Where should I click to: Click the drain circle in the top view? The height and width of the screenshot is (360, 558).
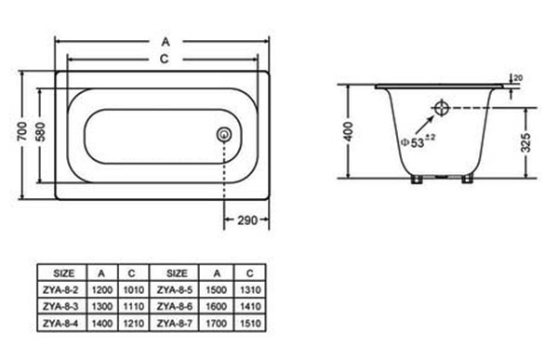224,135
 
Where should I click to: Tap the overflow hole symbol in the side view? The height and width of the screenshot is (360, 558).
442,108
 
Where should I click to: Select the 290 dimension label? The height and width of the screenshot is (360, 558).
247,220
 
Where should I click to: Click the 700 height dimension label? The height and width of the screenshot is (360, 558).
22,131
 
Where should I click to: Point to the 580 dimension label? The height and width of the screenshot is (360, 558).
41,132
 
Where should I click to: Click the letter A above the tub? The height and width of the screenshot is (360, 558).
166,42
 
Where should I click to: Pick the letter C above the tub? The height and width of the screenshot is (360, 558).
164,59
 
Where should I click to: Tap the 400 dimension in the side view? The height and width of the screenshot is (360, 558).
349,131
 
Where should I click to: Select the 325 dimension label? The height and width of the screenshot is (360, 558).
525,142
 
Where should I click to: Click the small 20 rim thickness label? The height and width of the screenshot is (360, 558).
519,78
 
